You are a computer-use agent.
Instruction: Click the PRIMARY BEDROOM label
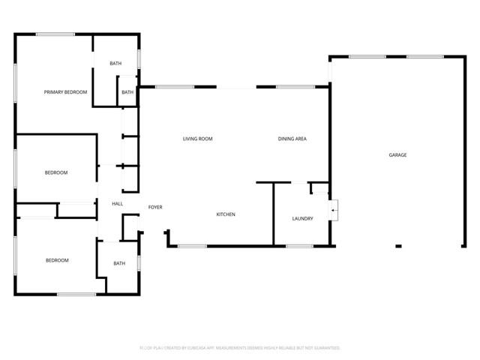(x=65, y=92)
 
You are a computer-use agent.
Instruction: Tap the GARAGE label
(x=397, y=154)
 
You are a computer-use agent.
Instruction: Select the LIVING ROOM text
(x=198, y=139)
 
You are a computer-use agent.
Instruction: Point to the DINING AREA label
(x=292, y=139)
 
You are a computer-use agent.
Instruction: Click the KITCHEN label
(x=226, y=214)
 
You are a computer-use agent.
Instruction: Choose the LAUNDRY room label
(x=302, y=218)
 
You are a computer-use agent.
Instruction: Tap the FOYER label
(x=155, y=207)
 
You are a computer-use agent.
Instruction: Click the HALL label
(x=118, y=204)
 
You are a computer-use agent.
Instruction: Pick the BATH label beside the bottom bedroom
(x=119, y=263)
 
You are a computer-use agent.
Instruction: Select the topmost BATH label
(x=115, y=64)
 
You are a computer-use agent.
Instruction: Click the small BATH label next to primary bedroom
(x=127, y=92)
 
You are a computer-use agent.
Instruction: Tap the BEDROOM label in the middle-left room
(x=56, y=172)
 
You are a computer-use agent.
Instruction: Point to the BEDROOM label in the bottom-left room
(x=57, y=260)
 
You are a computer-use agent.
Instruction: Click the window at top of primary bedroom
(x=55, y=34)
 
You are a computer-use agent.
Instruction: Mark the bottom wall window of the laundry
(x=299, y=246)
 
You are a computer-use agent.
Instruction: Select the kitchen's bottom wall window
(x=192, y=246)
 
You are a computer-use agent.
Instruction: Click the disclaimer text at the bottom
(x=240, y=348)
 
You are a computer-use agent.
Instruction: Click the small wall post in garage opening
(x=398, y=245)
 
